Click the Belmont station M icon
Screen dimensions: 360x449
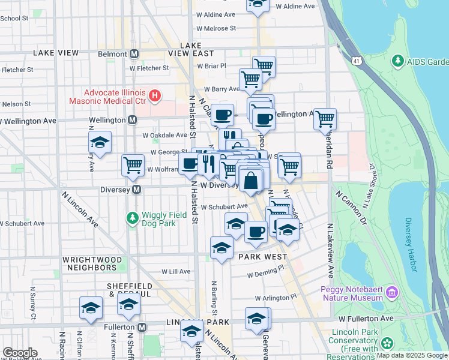point(134,53)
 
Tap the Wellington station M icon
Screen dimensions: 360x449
point(132,120)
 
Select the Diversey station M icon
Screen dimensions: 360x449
point(137,190)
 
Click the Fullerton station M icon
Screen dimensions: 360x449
point(142,327)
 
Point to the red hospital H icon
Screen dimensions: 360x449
point(155,95)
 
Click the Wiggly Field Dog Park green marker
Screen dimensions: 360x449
point(131,216)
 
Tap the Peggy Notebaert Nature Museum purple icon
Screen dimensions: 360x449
point(393,293)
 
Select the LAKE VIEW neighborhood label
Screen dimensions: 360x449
point(56,53)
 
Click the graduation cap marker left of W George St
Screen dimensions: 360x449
point(100,142)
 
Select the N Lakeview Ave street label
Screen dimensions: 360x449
point(330,250)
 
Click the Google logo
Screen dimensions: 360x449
point(20,353)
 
